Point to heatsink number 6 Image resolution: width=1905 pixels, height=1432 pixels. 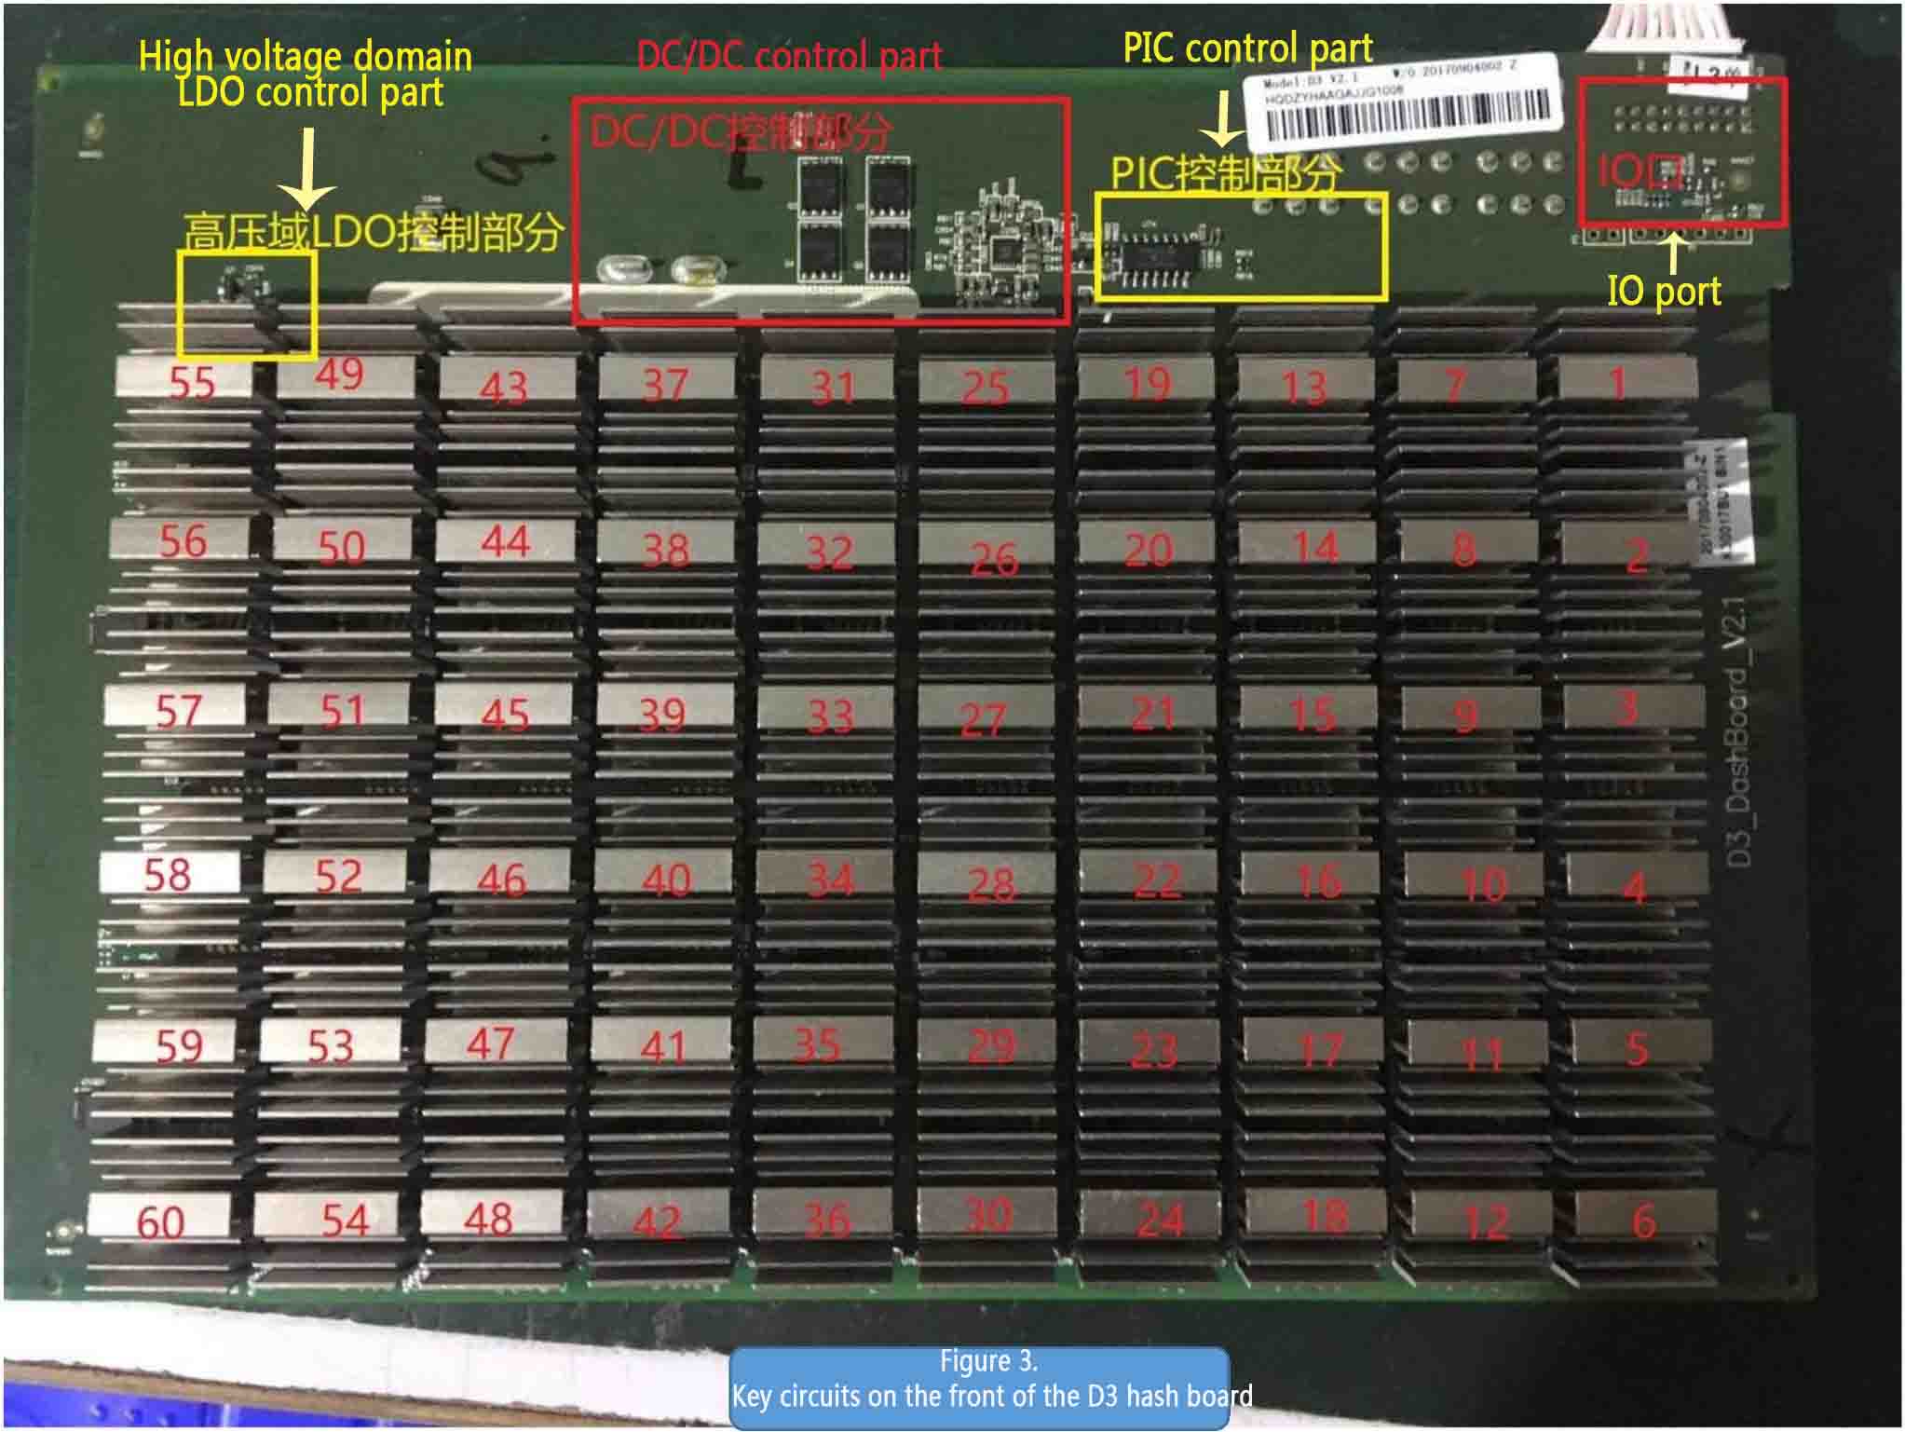coord(1641,1221)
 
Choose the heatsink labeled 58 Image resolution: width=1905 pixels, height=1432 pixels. coord(169,874)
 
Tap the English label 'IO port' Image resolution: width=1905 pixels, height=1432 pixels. coord(1664,292)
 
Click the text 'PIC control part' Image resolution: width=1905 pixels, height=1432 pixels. coord(1247,48)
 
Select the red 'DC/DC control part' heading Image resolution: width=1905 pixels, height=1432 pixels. coord(789,56)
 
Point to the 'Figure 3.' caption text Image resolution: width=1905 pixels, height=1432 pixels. coord(987,1361)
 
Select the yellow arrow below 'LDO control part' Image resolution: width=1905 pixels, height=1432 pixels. coord(306,168)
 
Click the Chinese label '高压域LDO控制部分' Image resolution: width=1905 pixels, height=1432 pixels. coord(373,231)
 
